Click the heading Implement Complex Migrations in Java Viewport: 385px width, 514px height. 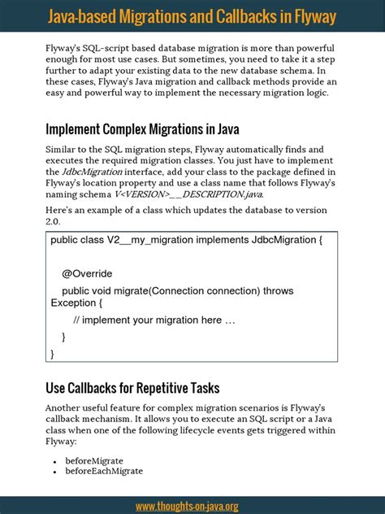tap(141, 129)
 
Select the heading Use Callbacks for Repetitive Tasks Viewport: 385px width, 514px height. tap(132, 388)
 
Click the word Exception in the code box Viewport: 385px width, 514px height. tap(73, 303)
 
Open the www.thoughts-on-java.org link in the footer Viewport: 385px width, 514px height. tap(187, 506)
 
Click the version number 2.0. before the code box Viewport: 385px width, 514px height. tap(56, 221)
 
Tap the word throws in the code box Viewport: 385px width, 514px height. tap(277, 290)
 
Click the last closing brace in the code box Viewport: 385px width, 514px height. tap(53, 354)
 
